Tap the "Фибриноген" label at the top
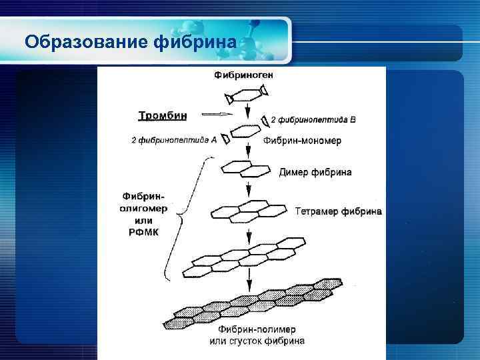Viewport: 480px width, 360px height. click(x=243, y=76)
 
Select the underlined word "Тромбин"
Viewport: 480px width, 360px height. click(x=162, y=115)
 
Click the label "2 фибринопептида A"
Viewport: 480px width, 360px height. click(x=174, y=140)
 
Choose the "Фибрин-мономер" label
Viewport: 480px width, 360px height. click(x=302, y=141)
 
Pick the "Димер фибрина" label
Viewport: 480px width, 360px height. click(x=315, y=172)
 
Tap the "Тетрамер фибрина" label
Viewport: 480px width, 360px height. click(x=339, y=211)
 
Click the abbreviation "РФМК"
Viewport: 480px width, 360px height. click(x=142, y=231)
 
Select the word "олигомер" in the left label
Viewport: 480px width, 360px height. click(x=143, y=208)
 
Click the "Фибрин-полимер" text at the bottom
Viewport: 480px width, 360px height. click(x=257, y=329)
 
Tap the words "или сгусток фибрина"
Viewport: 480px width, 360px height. click(x=257, y=341)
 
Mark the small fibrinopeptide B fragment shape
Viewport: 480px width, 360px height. click(x=266, y=120)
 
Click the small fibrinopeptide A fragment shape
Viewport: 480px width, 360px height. click(x=226, y=139)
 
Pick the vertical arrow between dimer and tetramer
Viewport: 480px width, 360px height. click(x=249, y=190)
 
